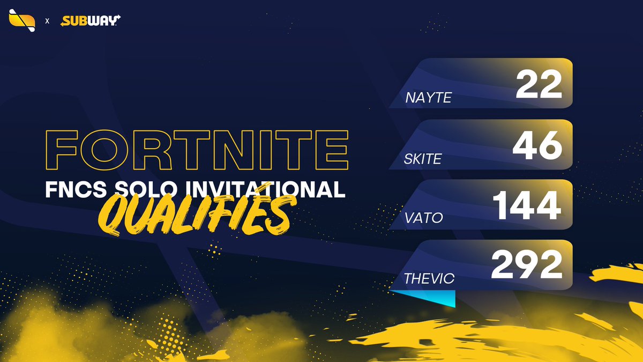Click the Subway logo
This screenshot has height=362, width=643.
(90, 21)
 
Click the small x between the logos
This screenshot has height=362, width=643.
(47, 21)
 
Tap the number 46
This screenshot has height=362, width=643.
(537, 146)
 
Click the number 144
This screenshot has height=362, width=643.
(527, 206)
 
